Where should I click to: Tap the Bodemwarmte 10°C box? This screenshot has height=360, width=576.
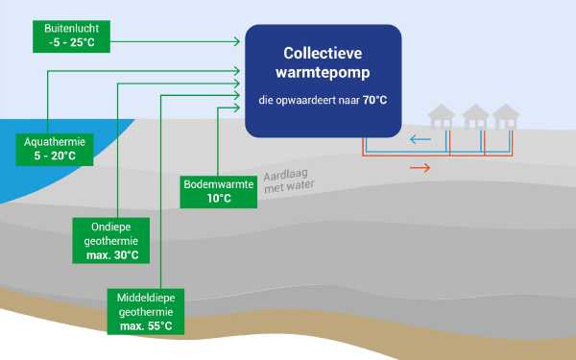point(220,191)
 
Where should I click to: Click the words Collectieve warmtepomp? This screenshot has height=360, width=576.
point(322,60)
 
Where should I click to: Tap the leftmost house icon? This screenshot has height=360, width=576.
point(443,117)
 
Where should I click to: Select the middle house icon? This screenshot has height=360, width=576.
point(475,117)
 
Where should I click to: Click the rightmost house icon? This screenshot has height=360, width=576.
point(505,117)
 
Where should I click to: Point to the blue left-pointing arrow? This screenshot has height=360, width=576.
point(420,139)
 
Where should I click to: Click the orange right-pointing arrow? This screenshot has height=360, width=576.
point(420,168)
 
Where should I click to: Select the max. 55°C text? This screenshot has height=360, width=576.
point(147,326)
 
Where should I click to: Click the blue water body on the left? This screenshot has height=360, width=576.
point(29,173)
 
